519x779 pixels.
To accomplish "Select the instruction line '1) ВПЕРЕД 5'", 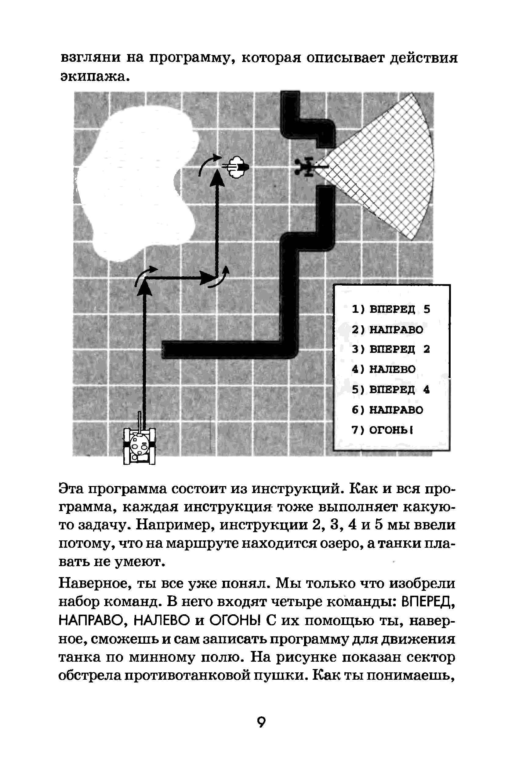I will click(x=390, y=309).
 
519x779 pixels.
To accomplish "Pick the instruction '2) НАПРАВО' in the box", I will click(x=387, y=330).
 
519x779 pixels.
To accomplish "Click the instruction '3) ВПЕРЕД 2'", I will click(x=390, y=349).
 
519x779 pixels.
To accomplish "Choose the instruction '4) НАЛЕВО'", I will click(x=383, y=369).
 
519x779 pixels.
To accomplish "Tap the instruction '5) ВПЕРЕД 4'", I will click(x=390, y=389).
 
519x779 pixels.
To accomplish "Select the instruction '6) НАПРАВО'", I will click(x=387, y=410).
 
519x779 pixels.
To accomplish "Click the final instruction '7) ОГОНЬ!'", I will click(x=382, y=430).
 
